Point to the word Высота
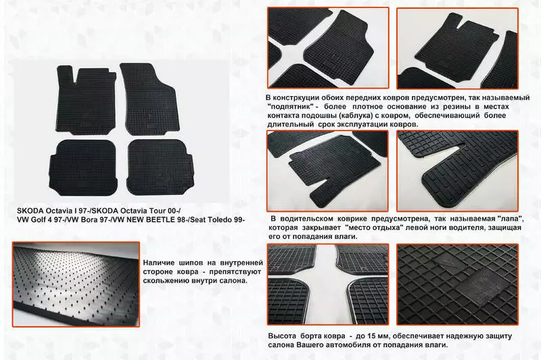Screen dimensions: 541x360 click(x=282, y=336)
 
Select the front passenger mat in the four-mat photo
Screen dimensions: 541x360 click(x=149, y=98)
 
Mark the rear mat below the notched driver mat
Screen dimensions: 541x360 click(x=83, y=167)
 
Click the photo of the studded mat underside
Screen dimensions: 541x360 click(x=76, y=284)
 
